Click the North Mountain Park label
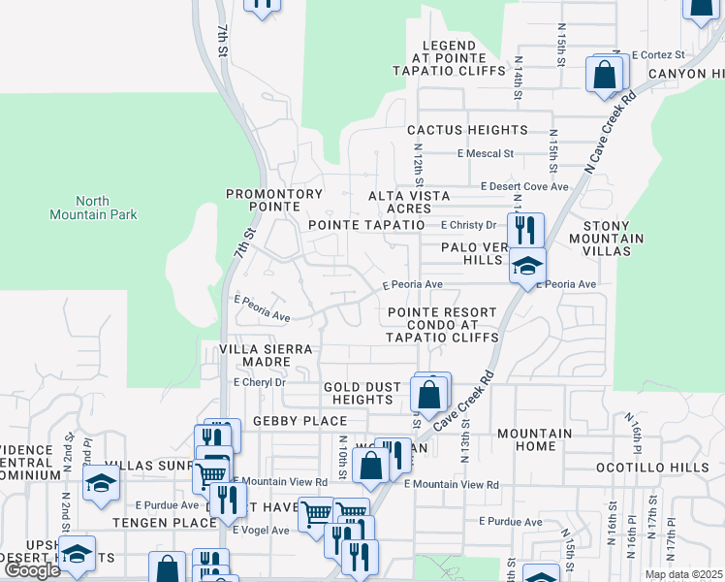tap(93, 208)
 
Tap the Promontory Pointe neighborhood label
tap(274, 201)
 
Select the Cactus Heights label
tap(467, 130)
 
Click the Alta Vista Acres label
tap(408, 202)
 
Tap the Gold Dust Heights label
tap(362, 393)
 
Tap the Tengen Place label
tap(164, 523)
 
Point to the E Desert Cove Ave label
tap(524, 185)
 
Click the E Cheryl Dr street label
tap(260, 382)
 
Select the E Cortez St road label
tap(658, 55)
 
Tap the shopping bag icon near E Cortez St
tap(604, 74)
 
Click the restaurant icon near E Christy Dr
tap(524, 231)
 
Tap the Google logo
tap(32, 570)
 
